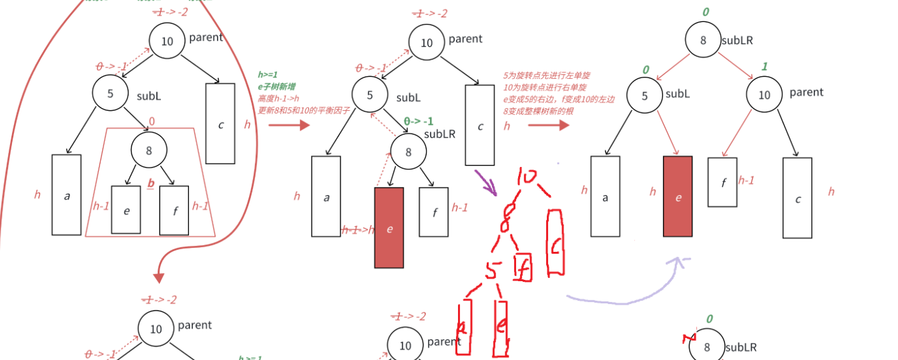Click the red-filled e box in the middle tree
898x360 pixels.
coord(389,228)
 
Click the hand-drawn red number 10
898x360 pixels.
coord(528,178)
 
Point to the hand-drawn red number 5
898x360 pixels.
coord(493,271)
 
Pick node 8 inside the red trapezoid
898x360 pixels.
coord(148,150)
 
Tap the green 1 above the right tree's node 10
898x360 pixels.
coord(764,67)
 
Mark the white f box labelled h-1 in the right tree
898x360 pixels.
coord(722,182)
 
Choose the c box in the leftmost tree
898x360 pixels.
coord(220,124)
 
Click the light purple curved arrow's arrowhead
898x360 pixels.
coord(680,261)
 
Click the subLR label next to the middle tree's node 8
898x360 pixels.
coord(439,134)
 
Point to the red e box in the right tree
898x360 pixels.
coord(678,196)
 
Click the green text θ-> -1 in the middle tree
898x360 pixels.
coord(419,122)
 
